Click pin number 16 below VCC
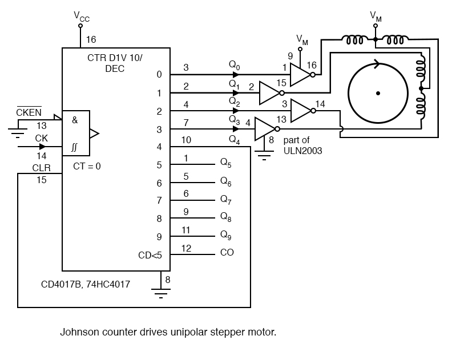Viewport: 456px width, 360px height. [x=91, y=39]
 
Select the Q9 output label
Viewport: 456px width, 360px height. [x=226, y=234]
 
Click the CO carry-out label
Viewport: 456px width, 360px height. [x=227, y=252]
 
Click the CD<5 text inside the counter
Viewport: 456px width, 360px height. [x=150, y=255]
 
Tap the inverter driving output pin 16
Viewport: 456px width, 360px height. [x=298, y=74]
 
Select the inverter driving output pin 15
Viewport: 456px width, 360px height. [x=269, y=92]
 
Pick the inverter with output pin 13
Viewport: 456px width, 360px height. [x=264, y=129]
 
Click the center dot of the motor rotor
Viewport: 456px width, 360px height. [x=378, y=92]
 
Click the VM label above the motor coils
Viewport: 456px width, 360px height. [x=376, y=16]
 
